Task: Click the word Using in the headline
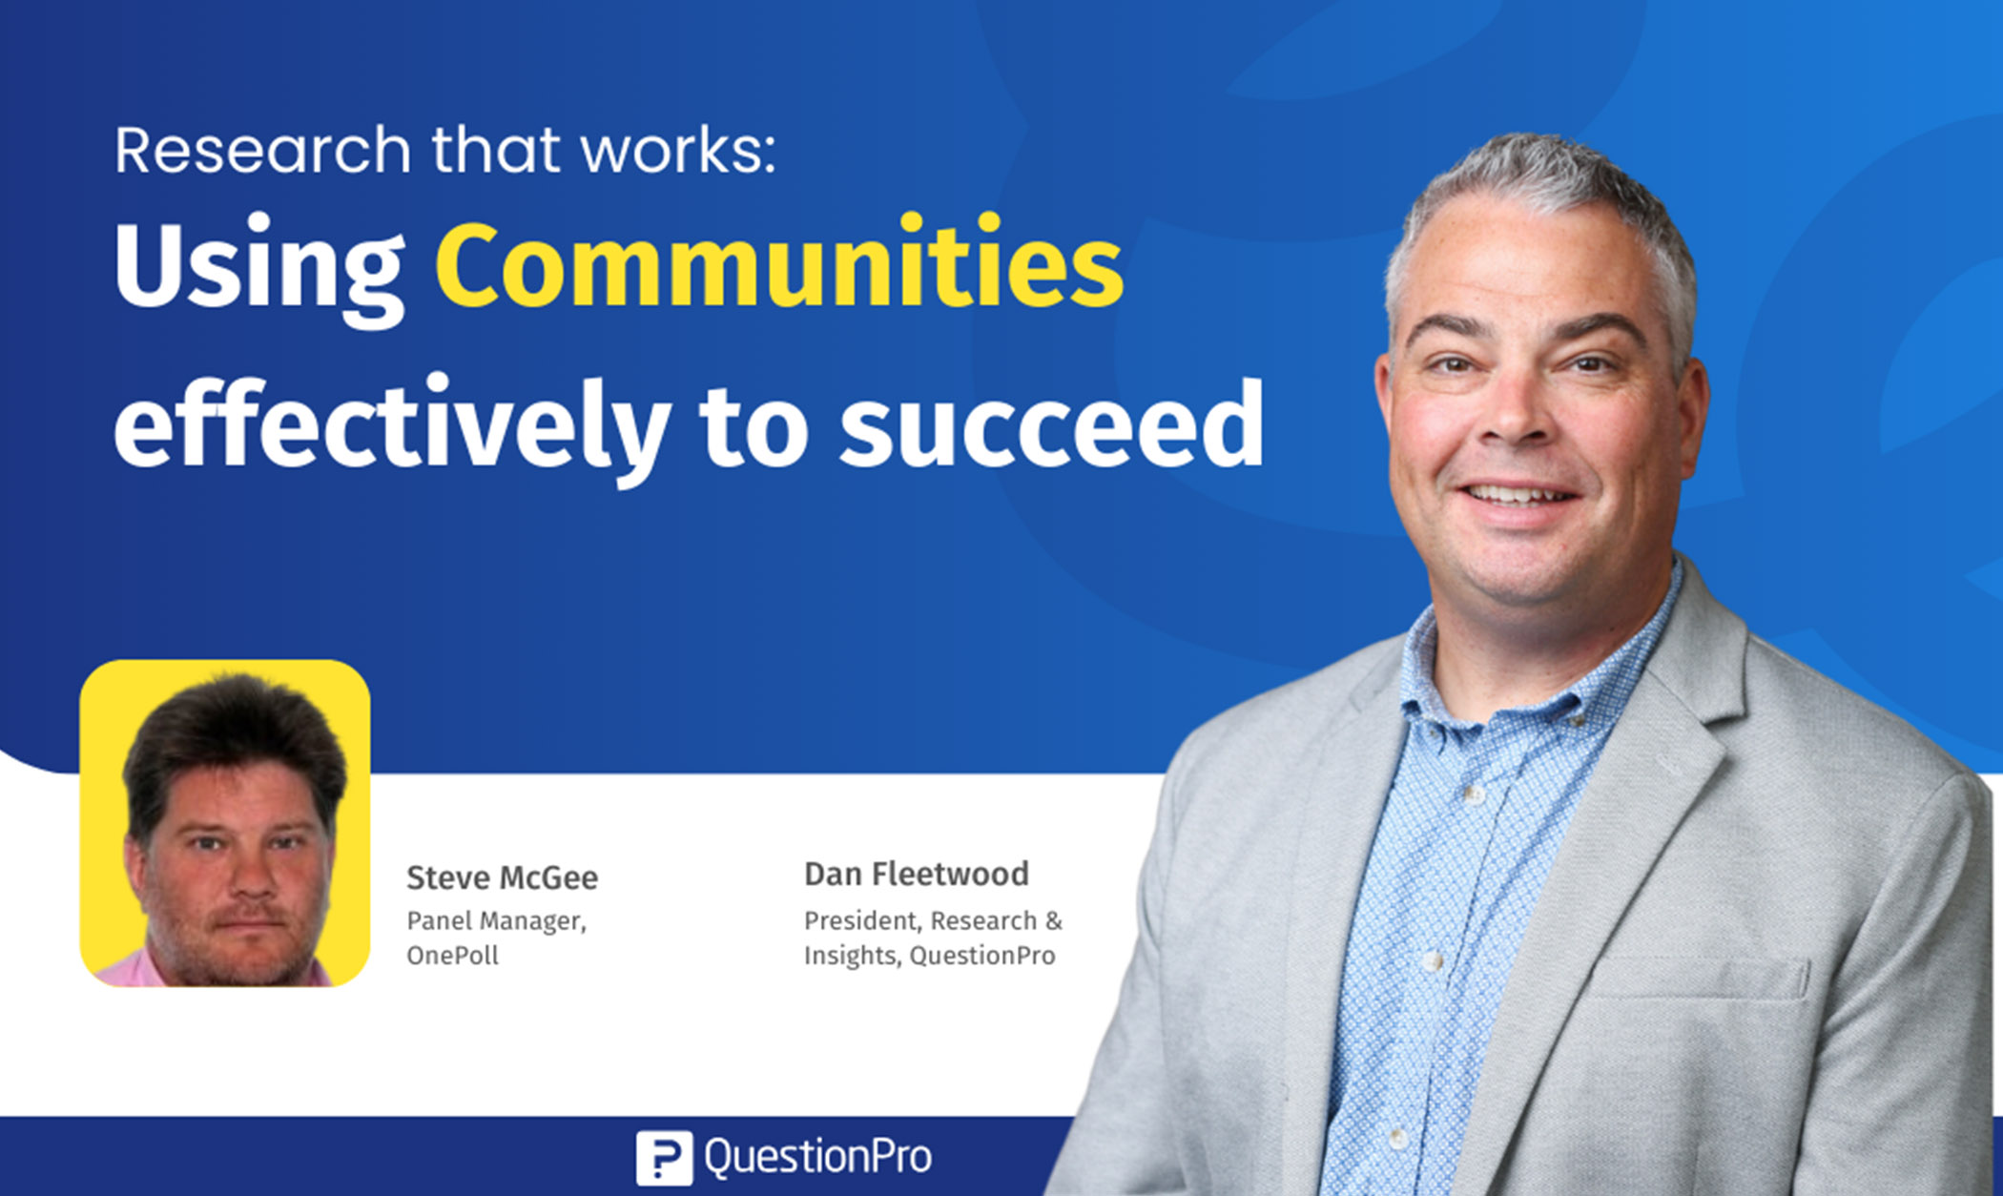(x=258, y=269)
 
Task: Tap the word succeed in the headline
(x=1051, y=425)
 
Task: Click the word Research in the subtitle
(x=262, y=151)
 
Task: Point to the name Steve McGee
(x=502, y=877)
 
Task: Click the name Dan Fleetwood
(x=916, y=874)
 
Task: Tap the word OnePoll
(x=452, y=956)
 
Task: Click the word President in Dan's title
(x=861, y=921)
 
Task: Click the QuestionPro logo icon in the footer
(x=664, y=1158)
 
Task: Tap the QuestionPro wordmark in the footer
(x=817, y=1157)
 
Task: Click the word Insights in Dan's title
(x=851, y=956)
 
